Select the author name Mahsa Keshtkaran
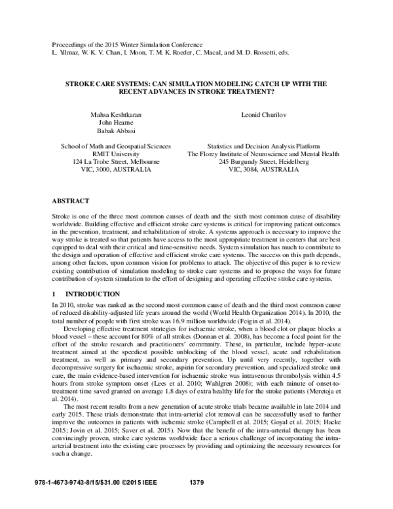pos(115,114)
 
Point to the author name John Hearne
pos(115,123)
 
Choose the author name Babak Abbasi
pos(115,131)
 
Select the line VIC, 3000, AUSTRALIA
pos(115,169)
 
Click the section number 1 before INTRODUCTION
pos(53,295)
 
